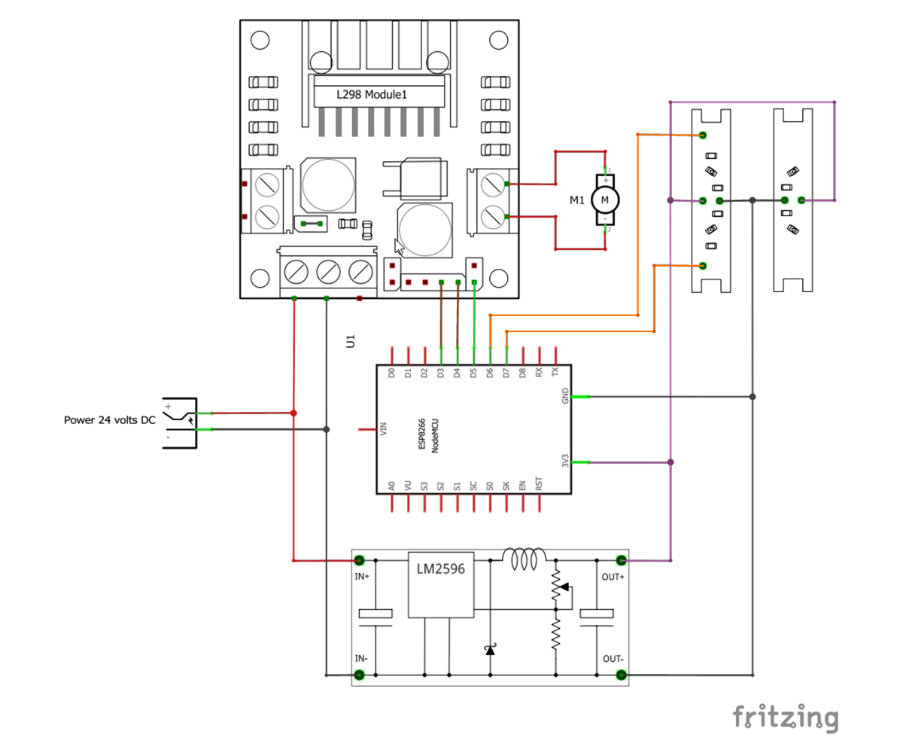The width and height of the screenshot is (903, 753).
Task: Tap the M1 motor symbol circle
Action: (605, 200)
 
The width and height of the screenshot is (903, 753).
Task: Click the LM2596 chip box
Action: (441, 584)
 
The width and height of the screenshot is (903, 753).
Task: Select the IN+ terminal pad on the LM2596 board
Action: (360, 560)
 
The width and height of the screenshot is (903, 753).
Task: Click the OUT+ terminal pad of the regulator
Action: (622, 560)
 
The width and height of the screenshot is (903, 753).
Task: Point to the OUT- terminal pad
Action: (622, 675)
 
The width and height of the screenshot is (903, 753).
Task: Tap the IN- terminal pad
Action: (360, 675)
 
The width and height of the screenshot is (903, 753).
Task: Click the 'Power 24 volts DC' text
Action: (110, 420)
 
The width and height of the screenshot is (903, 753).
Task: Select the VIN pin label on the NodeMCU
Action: (384, 431)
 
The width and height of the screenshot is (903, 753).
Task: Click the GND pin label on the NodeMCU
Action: (565, 396)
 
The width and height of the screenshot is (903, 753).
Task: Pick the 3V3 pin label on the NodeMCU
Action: (565, 462)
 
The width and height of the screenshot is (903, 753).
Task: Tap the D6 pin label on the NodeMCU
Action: (490, 373)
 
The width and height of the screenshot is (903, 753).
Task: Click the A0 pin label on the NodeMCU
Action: (391, 487)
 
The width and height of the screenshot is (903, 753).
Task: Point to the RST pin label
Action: (539, 485)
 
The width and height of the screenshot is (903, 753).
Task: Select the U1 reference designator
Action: (350, 340)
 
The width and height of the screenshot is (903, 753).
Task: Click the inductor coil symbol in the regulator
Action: (524, 559)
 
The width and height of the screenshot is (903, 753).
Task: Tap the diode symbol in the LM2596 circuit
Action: (490, 648)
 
